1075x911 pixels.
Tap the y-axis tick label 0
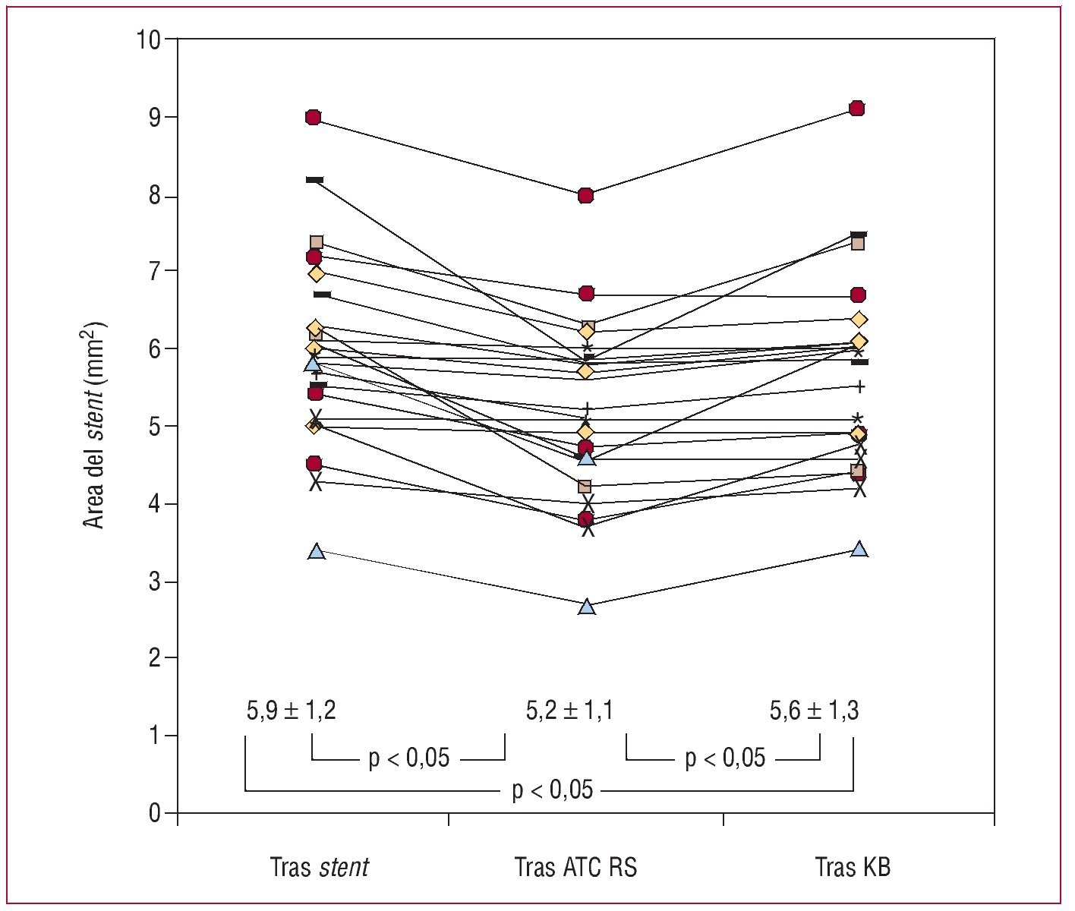tap(154, 813)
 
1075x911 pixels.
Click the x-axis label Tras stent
tap(320, 867)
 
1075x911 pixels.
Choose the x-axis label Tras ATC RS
tap(575, 867)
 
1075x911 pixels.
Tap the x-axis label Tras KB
tap(853, 867)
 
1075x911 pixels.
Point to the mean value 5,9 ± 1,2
tap(291, 711)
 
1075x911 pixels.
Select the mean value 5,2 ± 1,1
tap(569, 711)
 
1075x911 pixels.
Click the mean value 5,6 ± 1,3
tap(814, 711)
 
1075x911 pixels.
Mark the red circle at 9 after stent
tap(313, 117)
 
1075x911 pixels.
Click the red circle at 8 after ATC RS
tap(585, 196)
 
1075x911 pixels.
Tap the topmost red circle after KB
tap(857, 108)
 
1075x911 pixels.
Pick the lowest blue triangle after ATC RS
tap(587, 607)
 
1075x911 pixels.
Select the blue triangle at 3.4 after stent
tap(317, 552)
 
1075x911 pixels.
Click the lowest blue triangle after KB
tap(859, 549)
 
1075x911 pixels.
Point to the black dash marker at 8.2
tap(314, 180)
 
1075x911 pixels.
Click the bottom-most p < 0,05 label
tap(552, 790)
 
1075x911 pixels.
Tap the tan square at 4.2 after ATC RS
tap(585, 487)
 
